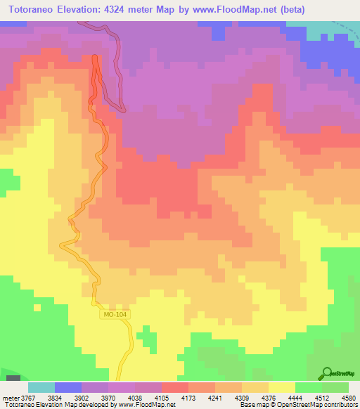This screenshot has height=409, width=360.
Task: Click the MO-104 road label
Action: [115, 316]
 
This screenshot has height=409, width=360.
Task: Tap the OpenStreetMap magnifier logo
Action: [326, 373]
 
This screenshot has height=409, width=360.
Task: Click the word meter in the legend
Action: [11, 397]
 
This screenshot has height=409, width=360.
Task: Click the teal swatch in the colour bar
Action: [41, 387]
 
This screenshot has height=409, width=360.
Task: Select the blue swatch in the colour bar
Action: [68, 387]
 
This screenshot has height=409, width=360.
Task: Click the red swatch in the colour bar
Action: [174, 387]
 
